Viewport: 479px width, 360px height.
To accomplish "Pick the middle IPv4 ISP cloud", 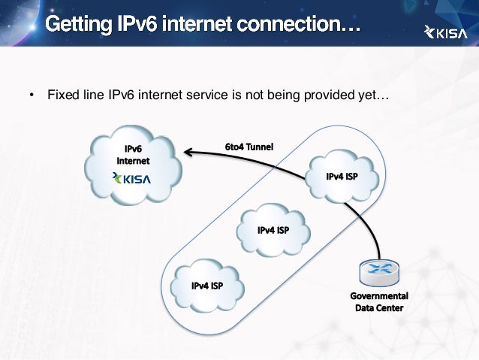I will [x=273, y=231].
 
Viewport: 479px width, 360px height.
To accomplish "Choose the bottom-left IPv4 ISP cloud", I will [x=206, y=286].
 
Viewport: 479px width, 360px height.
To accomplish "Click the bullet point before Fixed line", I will [x=32, y=96].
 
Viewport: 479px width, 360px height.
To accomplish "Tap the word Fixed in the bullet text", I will [x=62, y=95].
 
